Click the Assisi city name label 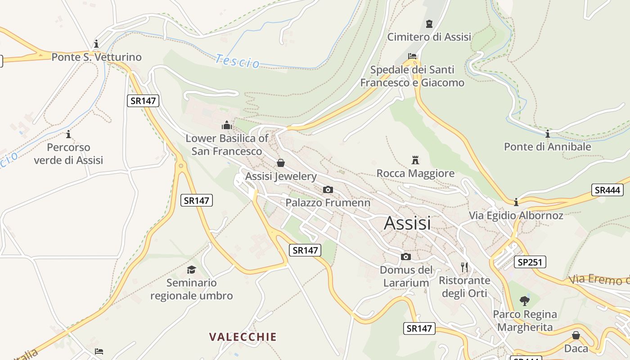(407, 223)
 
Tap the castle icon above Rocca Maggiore (415, 160)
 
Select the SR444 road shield (607, 190)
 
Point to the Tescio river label (237, 61)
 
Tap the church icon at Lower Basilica (226, 125)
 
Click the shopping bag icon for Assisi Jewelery (281, 163)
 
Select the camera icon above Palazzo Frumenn (328, 189)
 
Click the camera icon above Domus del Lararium (406, 256)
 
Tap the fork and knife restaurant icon (464, 267)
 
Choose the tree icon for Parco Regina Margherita (524, 301)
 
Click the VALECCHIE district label (243, 337)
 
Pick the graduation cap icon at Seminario (192, 270)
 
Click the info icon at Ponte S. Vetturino (96, 44)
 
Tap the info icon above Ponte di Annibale (548, 134)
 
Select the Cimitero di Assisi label (429, 37)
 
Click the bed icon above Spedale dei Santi (412, 56)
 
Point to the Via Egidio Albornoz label (516, 216)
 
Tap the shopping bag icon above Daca (576, 335)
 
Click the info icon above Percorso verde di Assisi (68, 134)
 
